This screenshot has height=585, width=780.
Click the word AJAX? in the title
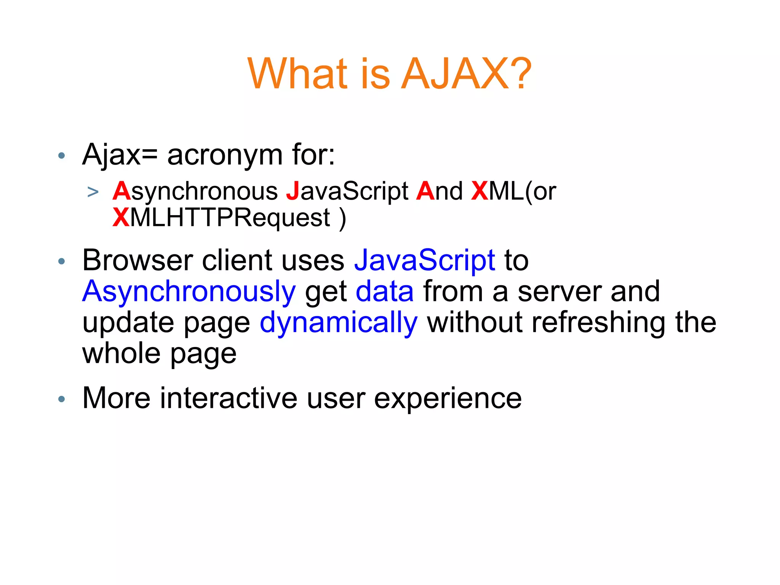(466, 74)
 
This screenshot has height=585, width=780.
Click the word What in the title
(297, 74)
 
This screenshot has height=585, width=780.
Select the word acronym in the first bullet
(225, 155)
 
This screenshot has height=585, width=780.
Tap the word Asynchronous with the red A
(195, 192)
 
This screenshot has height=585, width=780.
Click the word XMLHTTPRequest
(221, 218)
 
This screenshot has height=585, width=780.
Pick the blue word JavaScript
(425, 261)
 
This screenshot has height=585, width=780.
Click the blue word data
(385, 292)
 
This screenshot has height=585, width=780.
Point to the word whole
(121, 353)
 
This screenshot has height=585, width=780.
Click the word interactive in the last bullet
(229, 398)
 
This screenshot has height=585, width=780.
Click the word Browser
(137, 261)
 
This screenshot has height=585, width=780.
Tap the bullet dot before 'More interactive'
(62, 399)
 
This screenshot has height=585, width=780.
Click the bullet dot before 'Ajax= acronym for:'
(62, 155)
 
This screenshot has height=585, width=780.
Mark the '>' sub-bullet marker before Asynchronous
(93, 192)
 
